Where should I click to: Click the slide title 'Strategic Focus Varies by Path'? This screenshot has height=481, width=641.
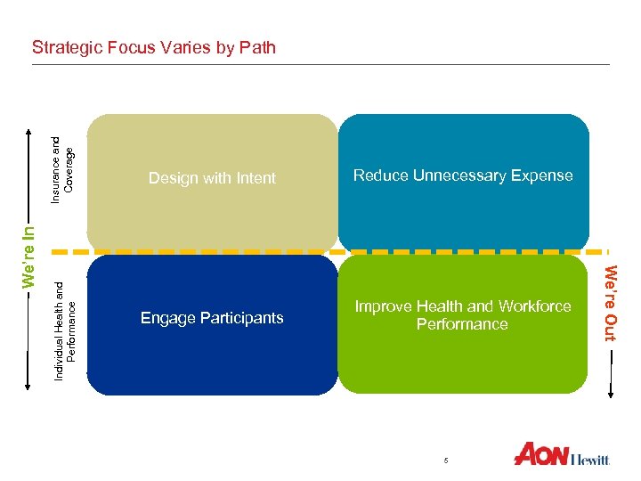click(153, 47)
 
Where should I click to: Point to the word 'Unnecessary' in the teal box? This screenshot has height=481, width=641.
click(462, 175)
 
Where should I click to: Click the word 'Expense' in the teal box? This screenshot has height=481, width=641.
click(545, 175)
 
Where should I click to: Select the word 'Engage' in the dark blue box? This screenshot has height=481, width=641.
click(166, 318)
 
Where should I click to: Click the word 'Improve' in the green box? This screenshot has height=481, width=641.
click(383, 306)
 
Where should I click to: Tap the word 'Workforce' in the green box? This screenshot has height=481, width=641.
click(533, 306)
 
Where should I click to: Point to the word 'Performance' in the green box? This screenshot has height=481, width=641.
click(462, 324)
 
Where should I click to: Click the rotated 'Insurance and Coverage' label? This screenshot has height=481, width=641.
click(62, 162)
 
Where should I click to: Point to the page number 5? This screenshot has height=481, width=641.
click(446, 459)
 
